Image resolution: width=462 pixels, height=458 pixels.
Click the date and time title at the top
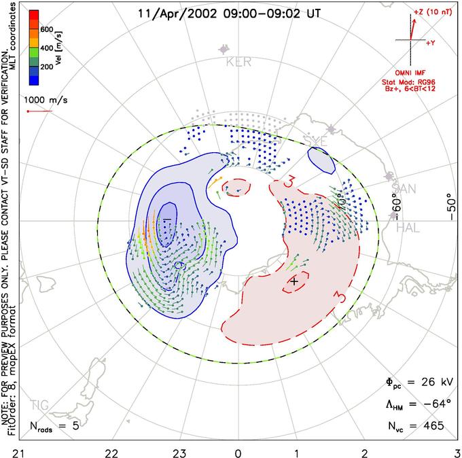[230, 12]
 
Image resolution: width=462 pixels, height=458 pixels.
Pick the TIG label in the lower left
[40, 406]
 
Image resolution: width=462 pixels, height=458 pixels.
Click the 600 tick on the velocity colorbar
[46, 29]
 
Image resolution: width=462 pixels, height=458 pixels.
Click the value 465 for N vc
[431, 426]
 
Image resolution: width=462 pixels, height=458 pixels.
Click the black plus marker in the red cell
[294, 280]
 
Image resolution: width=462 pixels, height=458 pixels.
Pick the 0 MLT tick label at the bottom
[238, 451]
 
